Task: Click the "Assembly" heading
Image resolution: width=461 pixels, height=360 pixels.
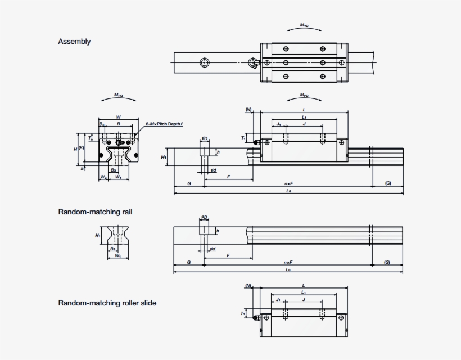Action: click(x=74, y=42)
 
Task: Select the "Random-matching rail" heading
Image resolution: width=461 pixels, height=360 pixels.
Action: click(x=95, y=212)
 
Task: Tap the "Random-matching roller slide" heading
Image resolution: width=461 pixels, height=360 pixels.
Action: click(x=107, y=303)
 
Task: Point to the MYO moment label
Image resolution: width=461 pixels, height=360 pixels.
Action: click(x=304, y=26)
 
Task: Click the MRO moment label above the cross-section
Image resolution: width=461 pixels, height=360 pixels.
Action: click(x=119, y=96)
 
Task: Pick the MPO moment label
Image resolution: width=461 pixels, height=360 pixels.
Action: click(x=304, y=96)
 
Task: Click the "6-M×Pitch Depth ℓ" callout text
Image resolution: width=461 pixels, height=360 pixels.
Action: click(x=164, y=123)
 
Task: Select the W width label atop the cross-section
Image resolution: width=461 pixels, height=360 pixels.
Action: click(x=118, y=118)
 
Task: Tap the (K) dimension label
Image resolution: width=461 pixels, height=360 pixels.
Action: click(x=82, y=148)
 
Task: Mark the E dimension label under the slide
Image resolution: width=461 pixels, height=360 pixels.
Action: click(x=82, y=168)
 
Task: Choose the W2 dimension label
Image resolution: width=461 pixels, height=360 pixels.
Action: click(x=103, y=177)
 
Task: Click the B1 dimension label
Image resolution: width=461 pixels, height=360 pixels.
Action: click(x=102, y=124)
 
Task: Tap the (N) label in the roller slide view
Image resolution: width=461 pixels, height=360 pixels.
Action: click(x=248, y=286)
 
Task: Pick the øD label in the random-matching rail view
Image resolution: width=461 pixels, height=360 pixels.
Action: click(x=204, y=217)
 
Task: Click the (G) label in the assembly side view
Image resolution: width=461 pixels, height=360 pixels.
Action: click(x=387, y=184)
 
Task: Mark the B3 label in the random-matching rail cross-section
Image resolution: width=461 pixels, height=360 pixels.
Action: click(x=113, y=248)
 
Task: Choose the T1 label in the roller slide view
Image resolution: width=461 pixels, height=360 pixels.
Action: click(x=243, y=313)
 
